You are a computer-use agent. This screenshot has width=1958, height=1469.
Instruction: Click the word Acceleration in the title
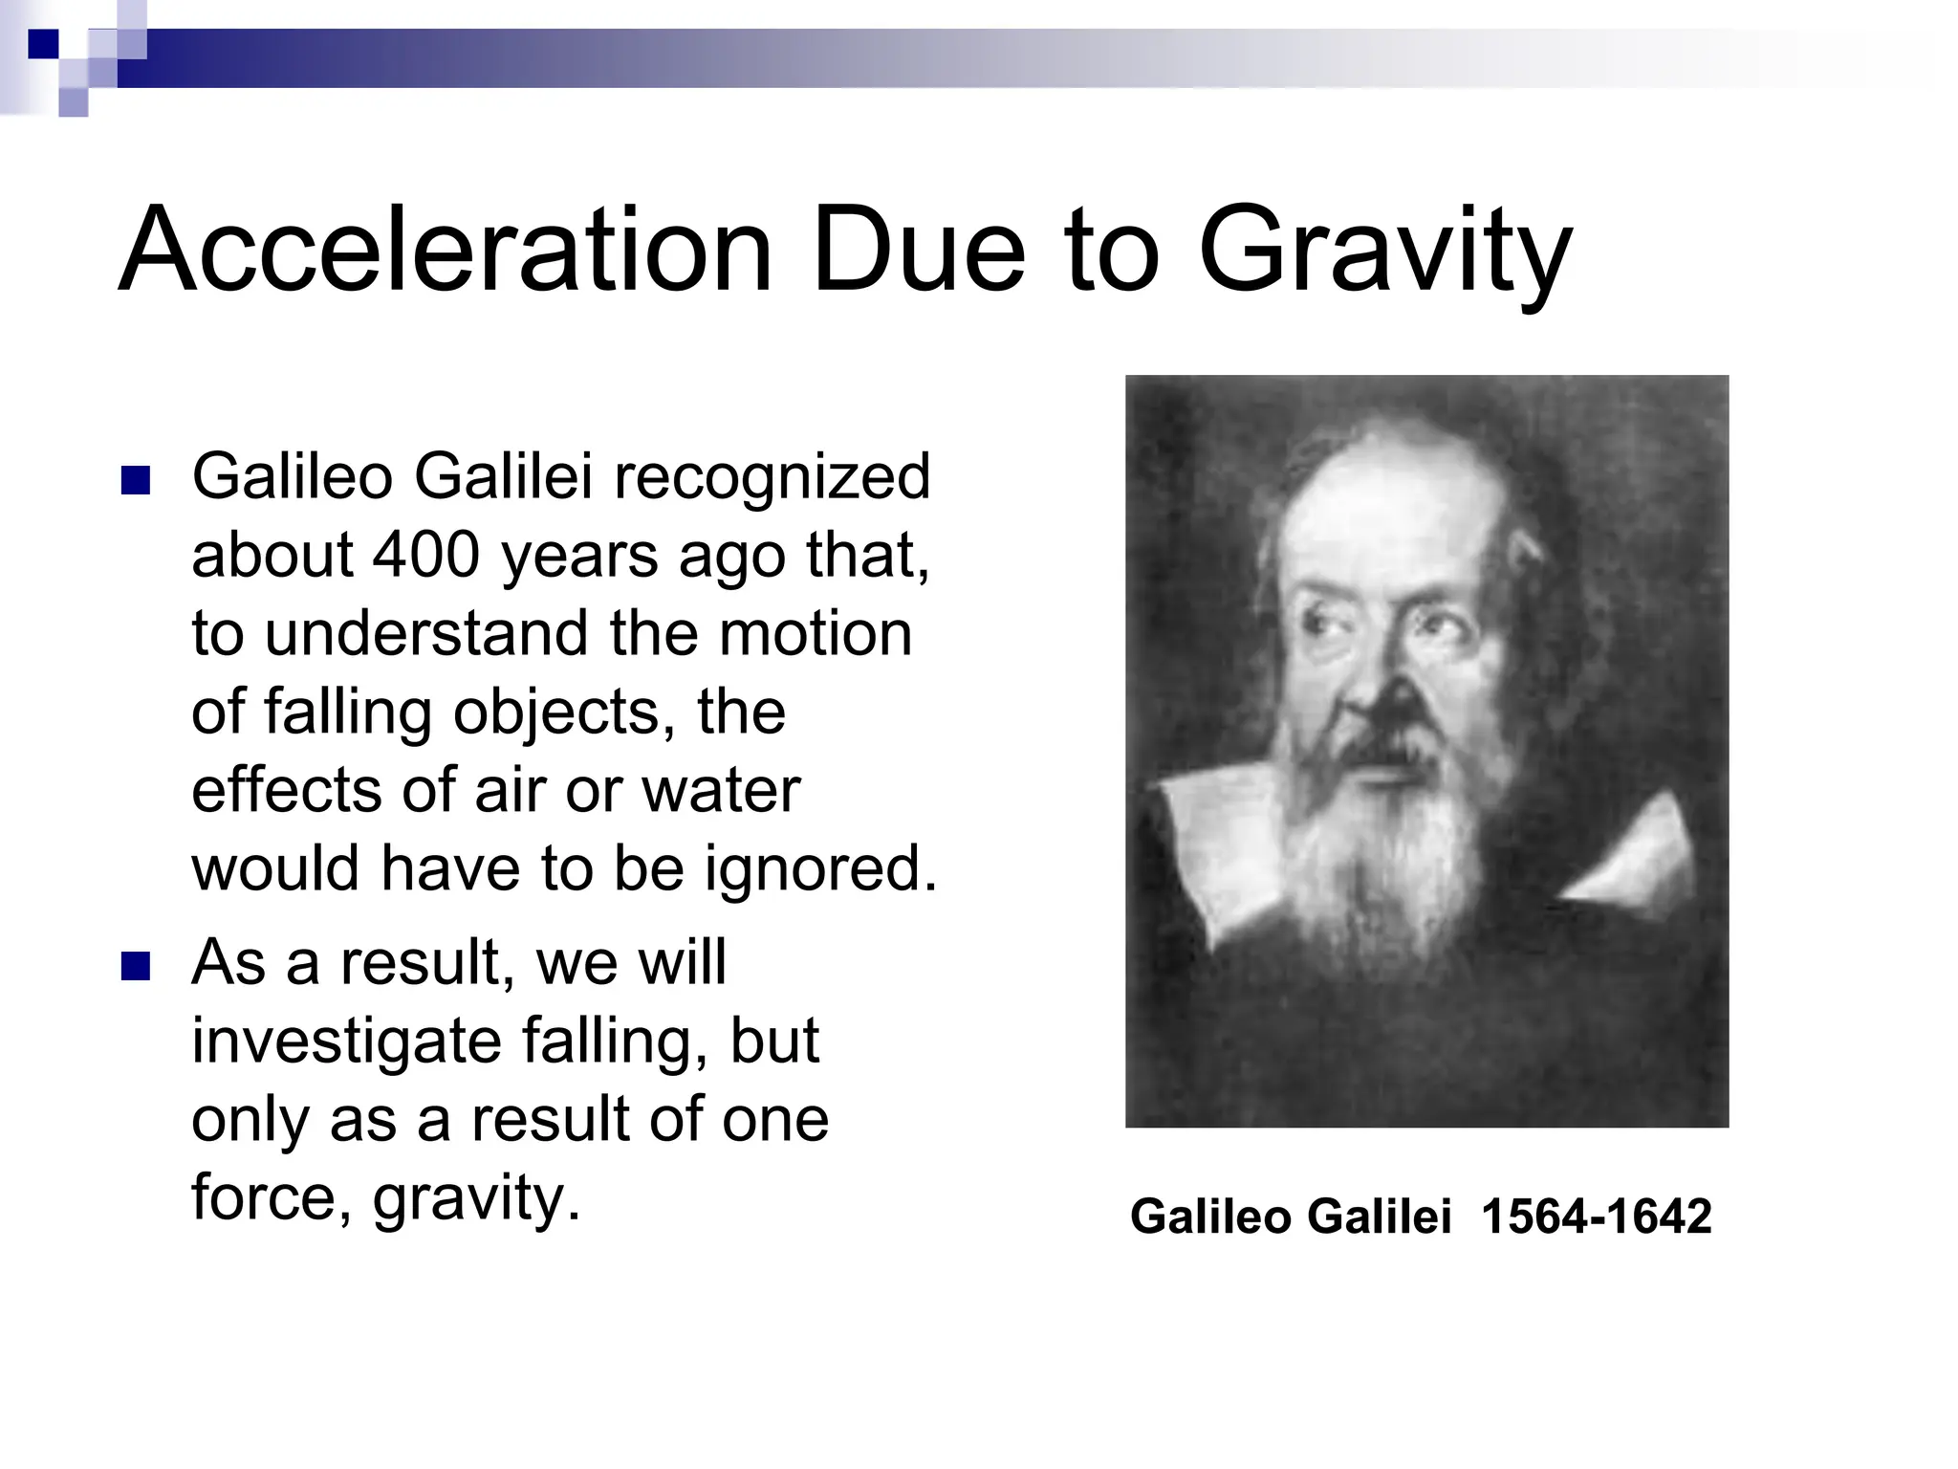[446, 251]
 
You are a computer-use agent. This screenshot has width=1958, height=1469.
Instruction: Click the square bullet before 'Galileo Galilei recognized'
[136, 480]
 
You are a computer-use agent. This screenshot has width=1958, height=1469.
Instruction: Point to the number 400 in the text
[425, 555]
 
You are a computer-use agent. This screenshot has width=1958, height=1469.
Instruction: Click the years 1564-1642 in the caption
[1596, 1217]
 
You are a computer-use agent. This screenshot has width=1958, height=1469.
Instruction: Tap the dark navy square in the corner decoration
[43, 44]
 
